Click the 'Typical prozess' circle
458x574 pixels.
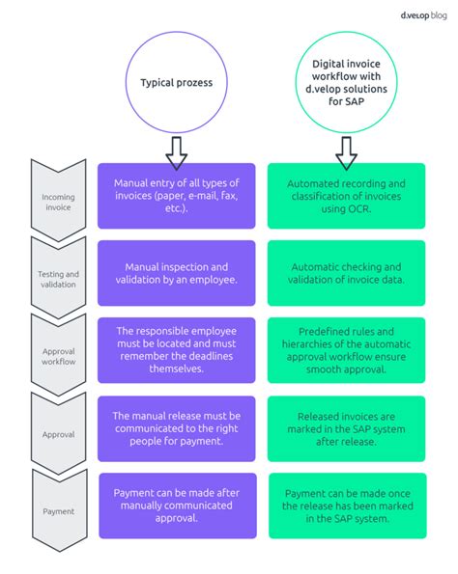[176, 83]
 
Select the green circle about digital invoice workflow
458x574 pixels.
[345, 83]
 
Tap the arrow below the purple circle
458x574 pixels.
[177, 150]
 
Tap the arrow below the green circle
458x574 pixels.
[345, 150]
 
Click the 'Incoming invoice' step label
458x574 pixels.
[58, 201]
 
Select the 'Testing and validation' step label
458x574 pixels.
[58, 279]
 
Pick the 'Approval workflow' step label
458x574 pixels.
[58, 356]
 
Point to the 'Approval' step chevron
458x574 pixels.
[58, 433]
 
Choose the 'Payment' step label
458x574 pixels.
[58, 510]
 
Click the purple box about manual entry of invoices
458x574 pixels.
[177, 196]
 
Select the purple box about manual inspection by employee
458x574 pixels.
[177, 273]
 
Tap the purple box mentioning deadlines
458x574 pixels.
[177, 349]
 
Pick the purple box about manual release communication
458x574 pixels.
[177, 427]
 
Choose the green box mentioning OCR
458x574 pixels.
[346, 196]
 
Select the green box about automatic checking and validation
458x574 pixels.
[346, 273]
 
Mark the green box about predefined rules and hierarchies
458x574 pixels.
[346, 349]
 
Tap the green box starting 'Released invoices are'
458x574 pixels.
[346, 427]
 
